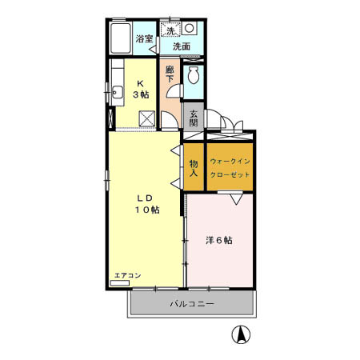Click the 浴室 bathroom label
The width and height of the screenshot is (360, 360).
tap(144, 38)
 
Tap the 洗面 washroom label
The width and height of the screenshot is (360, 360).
tap(182, 46)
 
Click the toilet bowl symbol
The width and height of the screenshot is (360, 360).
tap(193, 77)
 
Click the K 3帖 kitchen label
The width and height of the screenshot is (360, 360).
tap(141, 89)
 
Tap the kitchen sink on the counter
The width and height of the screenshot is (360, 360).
tap(117, 90)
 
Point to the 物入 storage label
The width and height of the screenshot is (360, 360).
tap(194, 168)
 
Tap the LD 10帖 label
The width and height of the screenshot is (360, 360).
tap(146, 204)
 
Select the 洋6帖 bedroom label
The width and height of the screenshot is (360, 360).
tap(218, 240)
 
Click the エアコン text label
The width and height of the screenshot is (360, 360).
tap(127, 275)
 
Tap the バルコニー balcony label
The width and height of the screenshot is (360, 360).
tap(192, 304)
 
